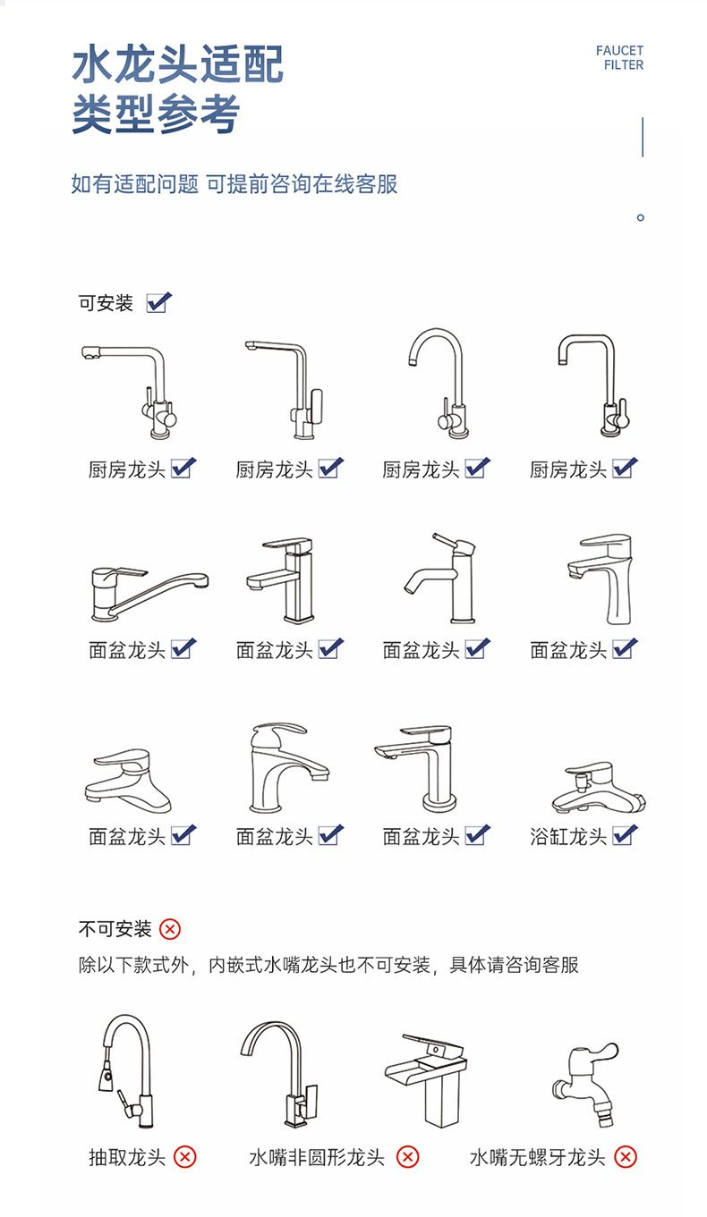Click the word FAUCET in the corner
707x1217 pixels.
pyautogui.click(x=619, y=51)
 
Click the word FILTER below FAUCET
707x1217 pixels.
pyautogui.click(x=624, y=65)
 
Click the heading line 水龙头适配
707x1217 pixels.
pyautogui.click(x=178, y=64)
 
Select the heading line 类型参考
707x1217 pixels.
pyautogui.click(x=156, y=114)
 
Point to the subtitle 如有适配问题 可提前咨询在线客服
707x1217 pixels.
pyautogui.click(x=234, y=184)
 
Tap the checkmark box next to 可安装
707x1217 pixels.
pyautogui.click(x=158, y=302)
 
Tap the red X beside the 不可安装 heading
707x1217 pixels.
pyautogui.click(x=170, y=929)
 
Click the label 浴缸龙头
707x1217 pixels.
pyautogui.click(x=568, y=837)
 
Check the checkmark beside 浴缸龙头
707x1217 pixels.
pyautogui.click(x=625, y=835)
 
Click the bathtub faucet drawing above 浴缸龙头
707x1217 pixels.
pyautogui.click(x=599, y=787)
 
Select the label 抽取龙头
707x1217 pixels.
pyautogui.click(x=127, y=1158)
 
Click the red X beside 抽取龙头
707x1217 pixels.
pyautogui.click(x=185, y=1157)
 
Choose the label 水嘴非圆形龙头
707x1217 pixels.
pyautogui.click(x=317, y=1158)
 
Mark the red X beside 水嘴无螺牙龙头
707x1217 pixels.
pyautogui.click(x=626, y=1157)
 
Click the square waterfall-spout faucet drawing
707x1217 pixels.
pyautogui.click(x=426, y=1079)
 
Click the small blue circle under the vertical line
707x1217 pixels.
pyautogui.click(x=641, y=217)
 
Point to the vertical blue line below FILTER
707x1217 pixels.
pyautogui.click(x=643, y=137)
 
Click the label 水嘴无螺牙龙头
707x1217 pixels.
pyautogui.click(x=537, y=1158)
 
